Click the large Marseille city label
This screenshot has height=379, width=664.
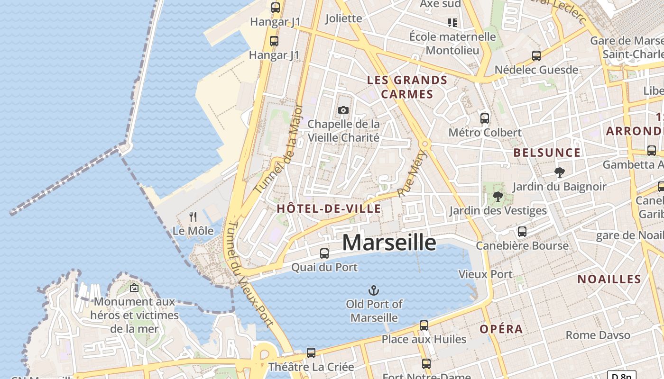[x=389, y=243]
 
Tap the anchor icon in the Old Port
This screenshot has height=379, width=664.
[x=374, y=290]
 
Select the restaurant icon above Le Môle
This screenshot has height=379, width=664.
[x=193, y=217]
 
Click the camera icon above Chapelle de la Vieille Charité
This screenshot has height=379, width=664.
[x=343, y=110]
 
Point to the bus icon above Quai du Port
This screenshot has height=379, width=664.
[x=324, y=253]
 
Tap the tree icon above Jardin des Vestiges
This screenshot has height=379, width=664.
[x=498, y=196]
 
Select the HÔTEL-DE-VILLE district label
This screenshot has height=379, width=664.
[x=329, y=209]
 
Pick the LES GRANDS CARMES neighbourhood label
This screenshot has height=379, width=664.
[x=407, y=87]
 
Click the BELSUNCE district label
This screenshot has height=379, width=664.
[x=547, y=153]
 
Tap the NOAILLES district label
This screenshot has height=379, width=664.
[x=609, y=279]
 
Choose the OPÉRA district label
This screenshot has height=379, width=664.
[x=501, y=329]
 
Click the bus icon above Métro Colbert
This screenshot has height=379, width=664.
[x=485, y=118]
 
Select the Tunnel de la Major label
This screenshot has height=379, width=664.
[x=279, y=148]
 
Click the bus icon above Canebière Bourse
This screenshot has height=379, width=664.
[x=522, y=232]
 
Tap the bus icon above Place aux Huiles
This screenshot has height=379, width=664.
[x=424, y=325]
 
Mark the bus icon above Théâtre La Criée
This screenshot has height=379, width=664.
[x=311, y=353]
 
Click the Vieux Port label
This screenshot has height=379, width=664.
[x=485, y=274]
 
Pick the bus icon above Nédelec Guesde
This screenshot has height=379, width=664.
[x=536, y=56]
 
